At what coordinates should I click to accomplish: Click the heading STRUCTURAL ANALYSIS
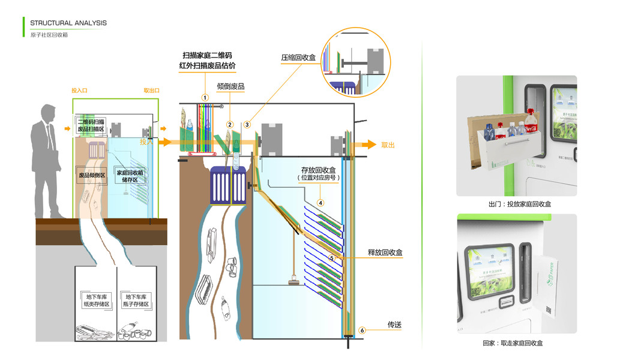pos(68,23)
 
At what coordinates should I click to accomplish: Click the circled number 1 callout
pos(205,97)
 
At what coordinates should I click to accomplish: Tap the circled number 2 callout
pos(229,124)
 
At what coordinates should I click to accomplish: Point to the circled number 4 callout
pos(321,203)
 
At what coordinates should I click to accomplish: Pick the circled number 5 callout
pos(331,257)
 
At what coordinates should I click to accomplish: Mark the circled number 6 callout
pos(362,329)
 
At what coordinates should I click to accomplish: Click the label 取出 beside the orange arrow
pos(388,145)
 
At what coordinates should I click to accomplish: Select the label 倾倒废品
pos(230,86)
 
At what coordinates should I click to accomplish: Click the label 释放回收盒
pos(385,253)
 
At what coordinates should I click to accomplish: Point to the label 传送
pos(394,325)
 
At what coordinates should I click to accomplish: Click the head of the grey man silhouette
pos(48,112)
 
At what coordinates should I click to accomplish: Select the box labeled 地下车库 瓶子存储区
pos(136,301)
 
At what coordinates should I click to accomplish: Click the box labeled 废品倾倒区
pos(92,176)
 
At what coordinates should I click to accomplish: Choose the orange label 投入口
pos(80,91)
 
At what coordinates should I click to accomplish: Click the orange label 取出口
pos(151,91)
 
